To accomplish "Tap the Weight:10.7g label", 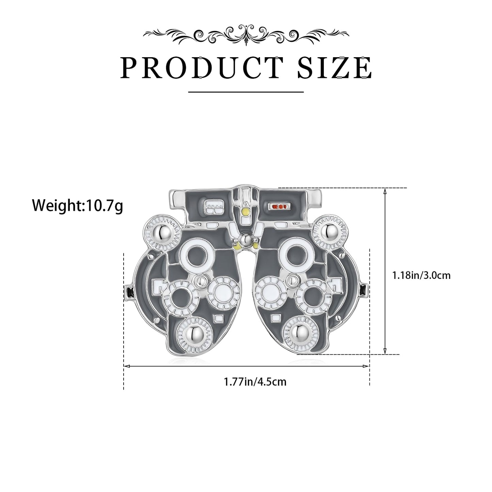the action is pyautogui.click(x=78, y=206).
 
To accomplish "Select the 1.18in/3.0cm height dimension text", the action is pyautogui.click(x=421, y=275).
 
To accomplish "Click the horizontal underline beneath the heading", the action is pyautogui.click(x=246, y=92).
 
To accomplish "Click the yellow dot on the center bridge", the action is pyautogui.click(x=245, y=211).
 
